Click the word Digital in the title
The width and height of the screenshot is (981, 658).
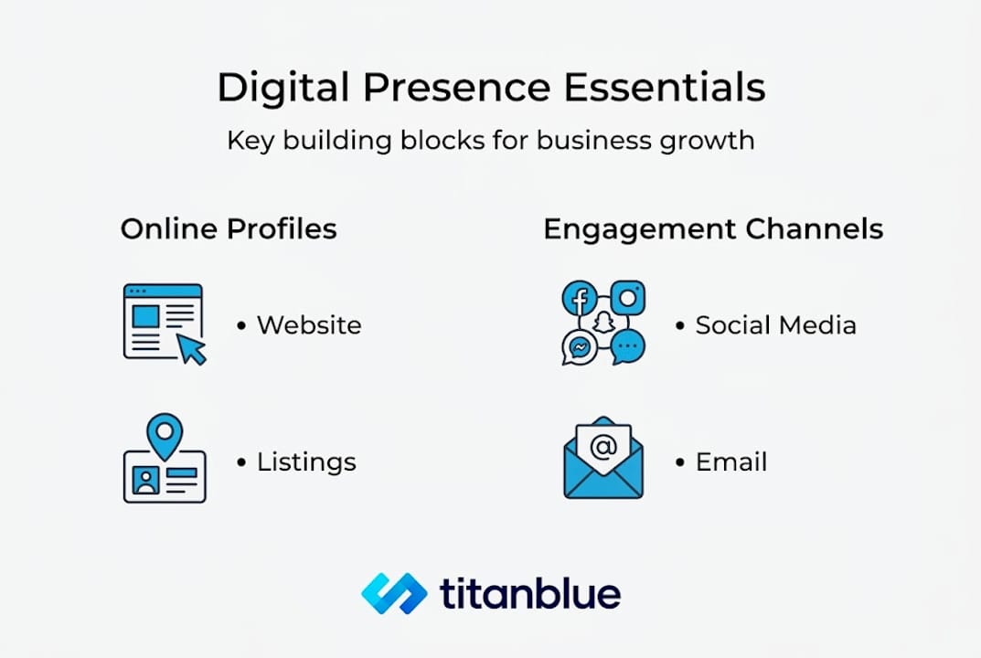[283, 89]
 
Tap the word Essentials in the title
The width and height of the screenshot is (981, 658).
[664, 89]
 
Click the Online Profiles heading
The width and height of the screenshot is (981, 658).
[229, 228]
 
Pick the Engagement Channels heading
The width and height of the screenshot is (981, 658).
[713, 228]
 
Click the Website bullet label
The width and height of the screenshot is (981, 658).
[309, 325]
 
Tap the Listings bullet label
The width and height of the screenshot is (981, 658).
[306, 462]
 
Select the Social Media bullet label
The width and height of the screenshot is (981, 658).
[775, 325]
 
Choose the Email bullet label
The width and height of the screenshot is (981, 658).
[731, 462]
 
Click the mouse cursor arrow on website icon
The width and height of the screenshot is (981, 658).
[191, 349]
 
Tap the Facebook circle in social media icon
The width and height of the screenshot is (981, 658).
[579, 299]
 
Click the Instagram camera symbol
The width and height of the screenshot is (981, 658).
[628, 298]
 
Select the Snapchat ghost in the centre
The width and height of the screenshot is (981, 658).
[602, 324]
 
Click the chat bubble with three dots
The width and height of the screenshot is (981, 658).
[628, 347]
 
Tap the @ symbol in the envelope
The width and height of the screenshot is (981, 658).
[603, 447]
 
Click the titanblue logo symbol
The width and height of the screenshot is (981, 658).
[394, 594]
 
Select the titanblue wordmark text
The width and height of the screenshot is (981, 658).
[530, 594]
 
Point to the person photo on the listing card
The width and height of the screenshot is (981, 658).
[145, 481]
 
